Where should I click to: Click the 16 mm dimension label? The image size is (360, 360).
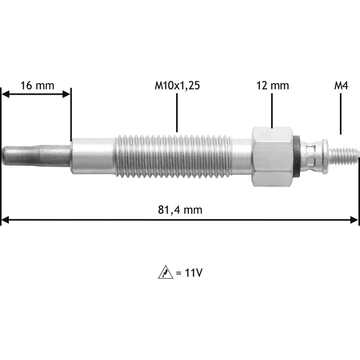click(37, 86)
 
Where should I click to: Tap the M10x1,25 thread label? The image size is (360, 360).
click(177, 86)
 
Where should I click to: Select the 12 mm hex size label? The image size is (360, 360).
click(273, 86)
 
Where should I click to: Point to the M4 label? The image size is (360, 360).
click(341, 86)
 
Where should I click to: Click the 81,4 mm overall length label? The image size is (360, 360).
click(180, 210)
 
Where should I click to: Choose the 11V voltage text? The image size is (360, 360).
click(189, 273)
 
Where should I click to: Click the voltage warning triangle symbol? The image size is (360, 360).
click(166, 272)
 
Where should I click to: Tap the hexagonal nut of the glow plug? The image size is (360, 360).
click(273, 157)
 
